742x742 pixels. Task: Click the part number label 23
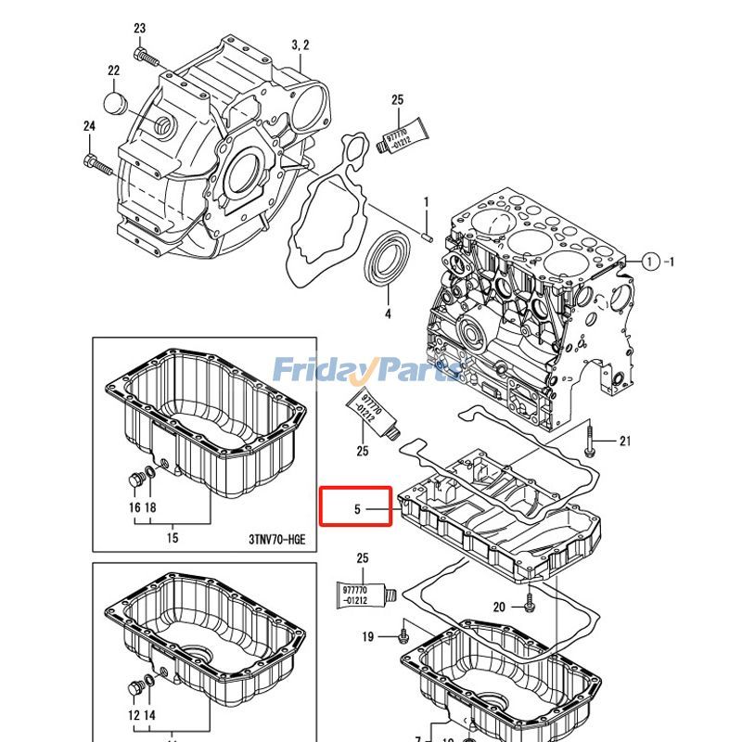click(x=140, y=29)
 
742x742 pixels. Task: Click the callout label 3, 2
click(x=300, y=45)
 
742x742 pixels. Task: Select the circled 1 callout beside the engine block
click(x=651, y=262)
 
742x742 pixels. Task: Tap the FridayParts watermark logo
click(x=366, y=371)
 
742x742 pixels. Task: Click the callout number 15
click(x=173, y=537)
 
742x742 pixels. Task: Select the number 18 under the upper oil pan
click(x=150, y=507)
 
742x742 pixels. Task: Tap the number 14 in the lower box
click(x=150, y=715)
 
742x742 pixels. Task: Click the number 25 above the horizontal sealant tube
click(x=362, y=557)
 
